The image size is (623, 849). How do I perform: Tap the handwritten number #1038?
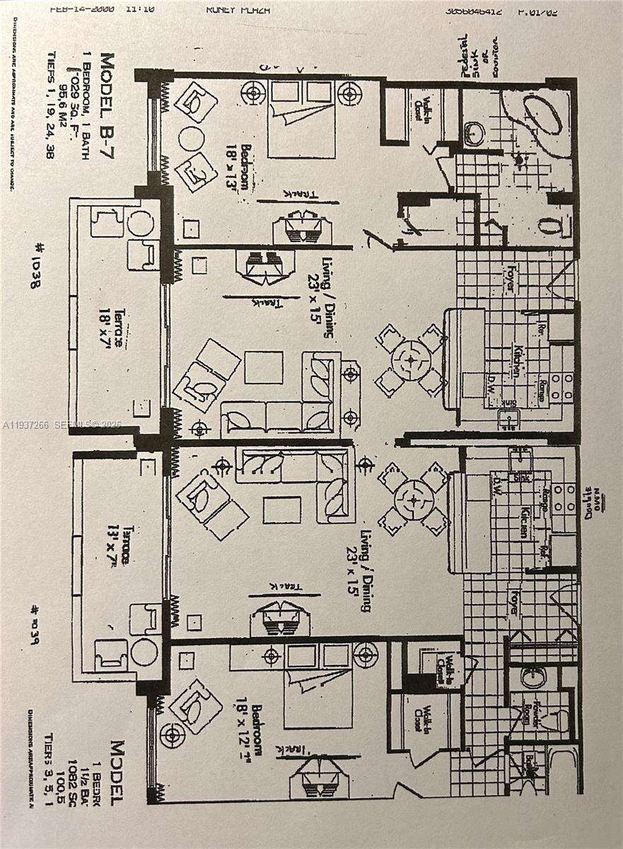(36, 265)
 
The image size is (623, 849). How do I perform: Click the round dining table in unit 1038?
(411, 360)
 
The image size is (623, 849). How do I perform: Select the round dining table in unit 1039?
(414, 499)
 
